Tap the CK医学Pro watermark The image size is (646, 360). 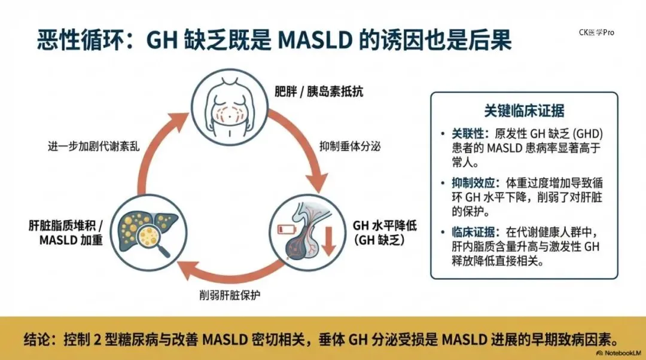tap(596, 32)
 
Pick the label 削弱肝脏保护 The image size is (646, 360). tap(229, 295)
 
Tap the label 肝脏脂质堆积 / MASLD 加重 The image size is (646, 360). tap(66, 233)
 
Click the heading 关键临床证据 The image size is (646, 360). tap(524, 111)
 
